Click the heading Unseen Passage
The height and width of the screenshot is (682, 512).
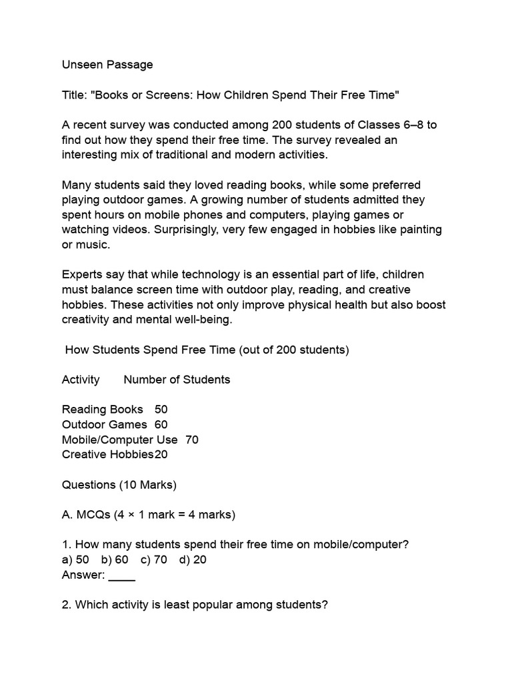point(107,65)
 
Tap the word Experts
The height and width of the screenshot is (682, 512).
point(84,274)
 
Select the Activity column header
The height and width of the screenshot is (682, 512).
point(81,380)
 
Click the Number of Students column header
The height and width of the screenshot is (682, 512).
point(177,380)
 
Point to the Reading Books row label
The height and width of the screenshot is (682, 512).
point(102,410)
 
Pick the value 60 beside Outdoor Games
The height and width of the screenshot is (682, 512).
point(161,424)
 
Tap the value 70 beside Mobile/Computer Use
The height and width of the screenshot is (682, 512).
point(191,440)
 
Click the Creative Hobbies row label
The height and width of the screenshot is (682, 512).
point(107,454)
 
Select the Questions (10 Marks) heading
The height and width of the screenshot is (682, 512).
point(119,484)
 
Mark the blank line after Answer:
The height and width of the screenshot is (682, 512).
point(121,575)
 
